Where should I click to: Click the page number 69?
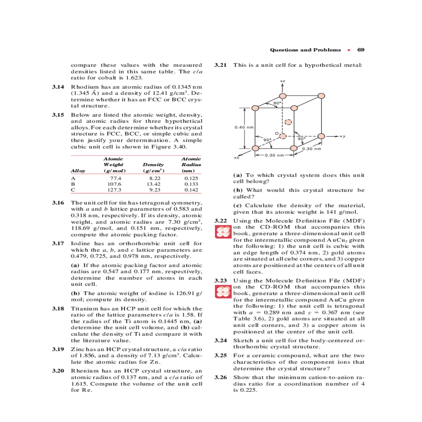361,50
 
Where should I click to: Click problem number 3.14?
58,87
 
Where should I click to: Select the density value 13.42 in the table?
154,184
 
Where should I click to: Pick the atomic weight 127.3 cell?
114,190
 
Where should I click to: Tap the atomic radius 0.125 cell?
191,178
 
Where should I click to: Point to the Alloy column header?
78,171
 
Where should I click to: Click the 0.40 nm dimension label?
244,127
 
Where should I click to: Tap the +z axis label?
282,81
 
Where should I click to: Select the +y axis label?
342,136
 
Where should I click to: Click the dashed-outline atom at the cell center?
288,122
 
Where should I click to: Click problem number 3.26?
220,377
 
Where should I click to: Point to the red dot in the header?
349,50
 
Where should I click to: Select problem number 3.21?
220,65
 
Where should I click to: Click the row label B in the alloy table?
73,184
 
